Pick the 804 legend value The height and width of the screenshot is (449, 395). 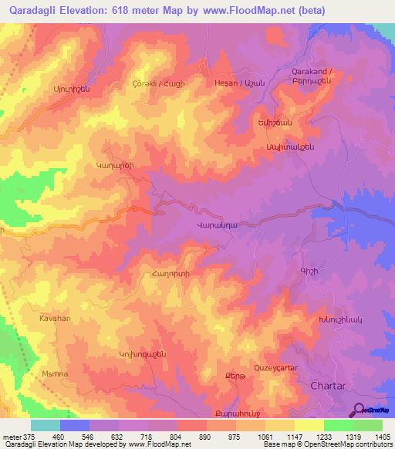[x=177, y=436]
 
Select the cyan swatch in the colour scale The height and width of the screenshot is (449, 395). [x=45, y=425]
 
